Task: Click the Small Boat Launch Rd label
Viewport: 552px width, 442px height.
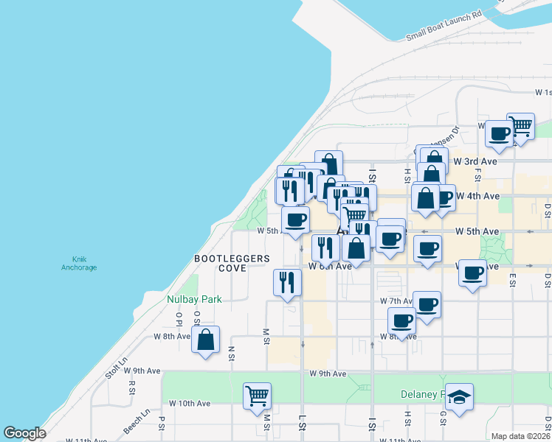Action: pyautogui.click(x=444, y=25)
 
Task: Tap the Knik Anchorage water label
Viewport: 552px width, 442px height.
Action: pyautogui.click(x=79, y=263)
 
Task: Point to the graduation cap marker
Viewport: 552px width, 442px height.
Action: pyautogui.click(x=459, y=396)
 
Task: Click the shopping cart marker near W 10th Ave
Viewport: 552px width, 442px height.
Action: pyautogui.click(x=257, y=395)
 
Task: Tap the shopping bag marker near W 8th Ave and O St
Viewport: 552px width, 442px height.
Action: pyautogui.click(x=206, y=340)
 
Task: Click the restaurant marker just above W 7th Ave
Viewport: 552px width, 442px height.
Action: pyautogui.click(x=287, y=282)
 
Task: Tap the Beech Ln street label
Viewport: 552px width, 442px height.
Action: pyautogui.click(x=137, y=421)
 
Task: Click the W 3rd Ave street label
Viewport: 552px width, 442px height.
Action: pyautogui.click(x=475, y=161)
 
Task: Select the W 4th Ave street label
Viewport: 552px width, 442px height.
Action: pyautogui.click(x=478, y=196)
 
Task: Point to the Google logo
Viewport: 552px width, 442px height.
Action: pyautogui.click(x=25, y=433)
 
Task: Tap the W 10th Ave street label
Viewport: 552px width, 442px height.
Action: pyautogui.click(x=190, y=404)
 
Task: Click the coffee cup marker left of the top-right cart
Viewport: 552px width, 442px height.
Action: pyautogui.click(x=499, y=133)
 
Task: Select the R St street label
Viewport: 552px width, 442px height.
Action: pyautogui.click(x=131, y=386)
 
